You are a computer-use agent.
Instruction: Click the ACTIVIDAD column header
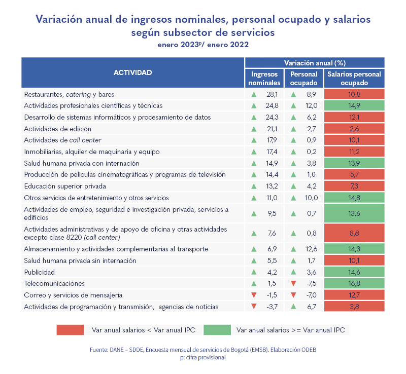tap(132, 72)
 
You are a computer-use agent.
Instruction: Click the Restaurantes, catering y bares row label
tap(69, 94)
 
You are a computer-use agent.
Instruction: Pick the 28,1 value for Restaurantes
tap(273, 94)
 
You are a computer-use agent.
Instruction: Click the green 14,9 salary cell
tap(354, 106)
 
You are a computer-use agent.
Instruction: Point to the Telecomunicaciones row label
tap(54, 283)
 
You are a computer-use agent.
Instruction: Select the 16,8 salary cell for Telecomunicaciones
tap(354, 283)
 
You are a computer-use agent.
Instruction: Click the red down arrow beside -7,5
tap(293, 283)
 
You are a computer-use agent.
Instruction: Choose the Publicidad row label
tap(39, 272)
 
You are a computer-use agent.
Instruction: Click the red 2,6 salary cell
tap(354, 129)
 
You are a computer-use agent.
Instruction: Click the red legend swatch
tap(70, 330)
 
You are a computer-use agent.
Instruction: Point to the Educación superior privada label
tap(64, 186)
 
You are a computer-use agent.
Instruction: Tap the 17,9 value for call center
tap(273, 140)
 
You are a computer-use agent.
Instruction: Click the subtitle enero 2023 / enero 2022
tap(203, 45)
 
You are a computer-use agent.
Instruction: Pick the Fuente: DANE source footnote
tap(203, 350)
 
